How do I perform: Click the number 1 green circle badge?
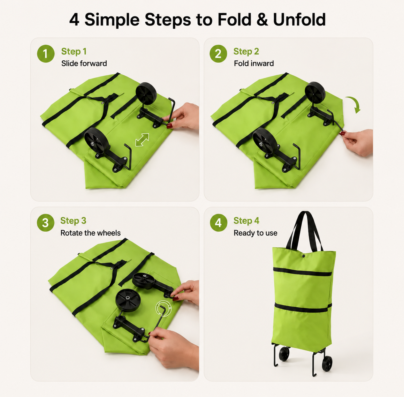(x=46, y=54)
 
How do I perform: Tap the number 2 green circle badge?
(x=218, y=54)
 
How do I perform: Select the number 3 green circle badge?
(x=45, y=223)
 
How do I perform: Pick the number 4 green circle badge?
(x=218, y=223)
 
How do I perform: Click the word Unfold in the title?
(x=299, y=20)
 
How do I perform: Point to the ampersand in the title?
(x=262, y=20)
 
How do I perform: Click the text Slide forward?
(x=84, y=63)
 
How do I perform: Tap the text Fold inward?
(x=254, y=63)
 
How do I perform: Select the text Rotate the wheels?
(x=90, y=233)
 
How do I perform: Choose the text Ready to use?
(x=255, y=233)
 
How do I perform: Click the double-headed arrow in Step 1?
(x=142, y=140)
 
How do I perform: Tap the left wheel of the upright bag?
(x=284, y=354)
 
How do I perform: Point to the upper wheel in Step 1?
(x=146, y=93)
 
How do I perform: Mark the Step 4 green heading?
(x=246, y=221)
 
